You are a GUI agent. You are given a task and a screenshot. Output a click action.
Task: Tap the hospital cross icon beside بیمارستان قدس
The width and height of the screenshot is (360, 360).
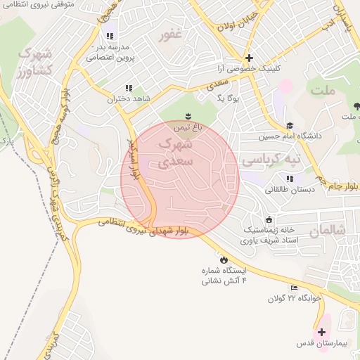(x=323, y=332)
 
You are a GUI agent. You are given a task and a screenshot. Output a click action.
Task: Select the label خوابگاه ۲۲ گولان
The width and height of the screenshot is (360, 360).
(x=293, y=298)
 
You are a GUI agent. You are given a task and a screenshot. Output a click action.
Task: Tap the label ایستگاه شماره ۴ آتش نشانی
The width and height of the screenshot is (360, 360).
(x=223, y=276)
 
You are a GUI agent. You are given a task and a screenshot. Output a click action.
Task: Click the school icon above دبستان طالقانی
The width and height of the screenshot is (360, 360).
(x=290, y=179)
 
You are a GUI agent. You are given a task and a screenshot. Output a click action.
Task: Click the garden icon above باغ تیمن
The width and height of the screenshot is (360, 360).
(x=188, y=115)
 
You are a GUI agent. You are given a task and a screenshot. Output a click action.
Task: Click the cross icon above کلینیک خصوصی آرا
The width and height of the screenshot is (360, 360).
(x=248, y=58)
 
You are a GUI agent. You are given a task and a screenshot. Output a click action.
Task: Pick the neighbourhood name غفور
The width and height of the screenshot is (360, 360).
(x=171, y=34)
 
